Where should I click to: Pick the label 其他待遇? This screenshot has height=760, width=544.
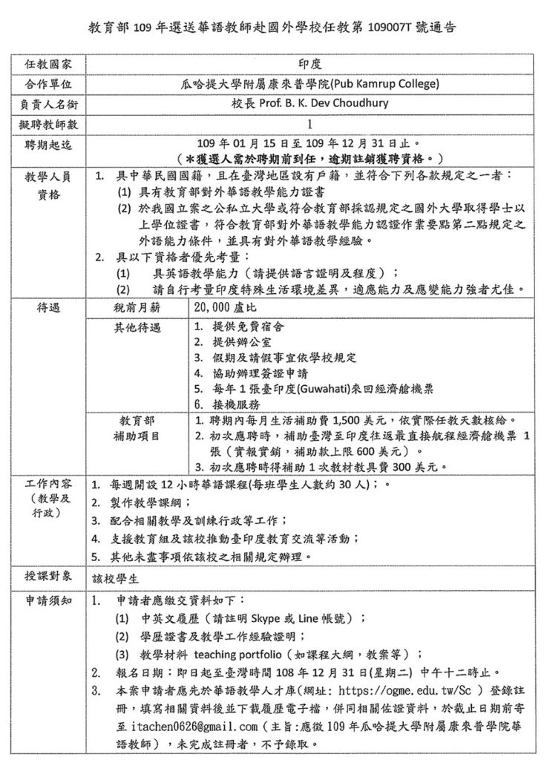pos(137,327)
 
